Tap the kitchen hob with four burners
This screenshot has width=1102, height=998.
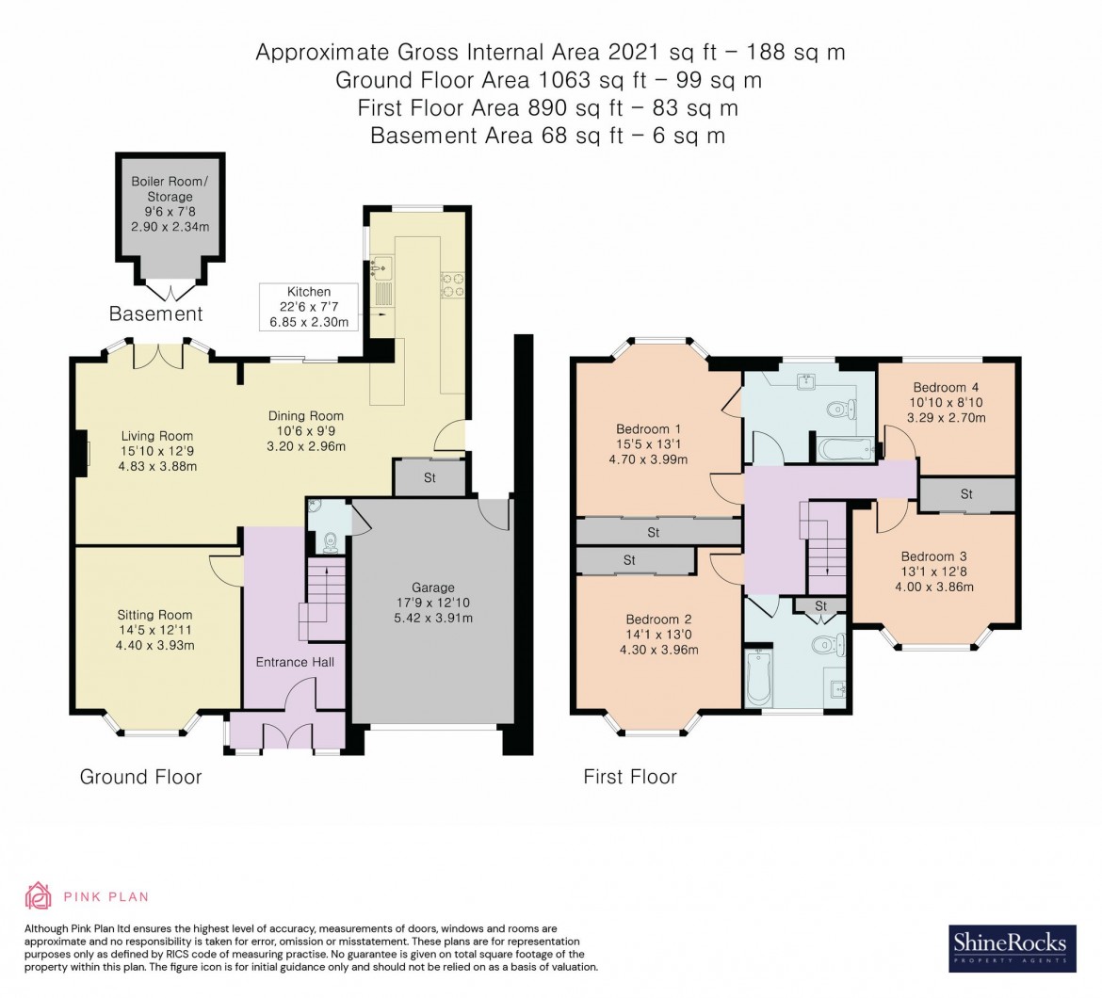451,283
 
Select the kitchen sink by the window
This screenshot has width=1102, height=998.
381,270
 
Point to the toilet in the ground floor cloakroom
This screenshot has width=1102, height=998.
330,540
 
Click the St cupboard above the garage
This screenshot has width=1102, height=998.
429,478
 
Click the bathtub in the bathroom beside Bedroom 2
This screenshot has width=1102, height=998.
758,675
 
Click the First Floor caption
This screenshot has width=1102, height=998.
630,777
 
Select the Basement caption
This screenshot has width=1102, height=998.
156,314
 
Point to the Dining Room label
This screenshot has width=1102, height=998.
305,415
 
